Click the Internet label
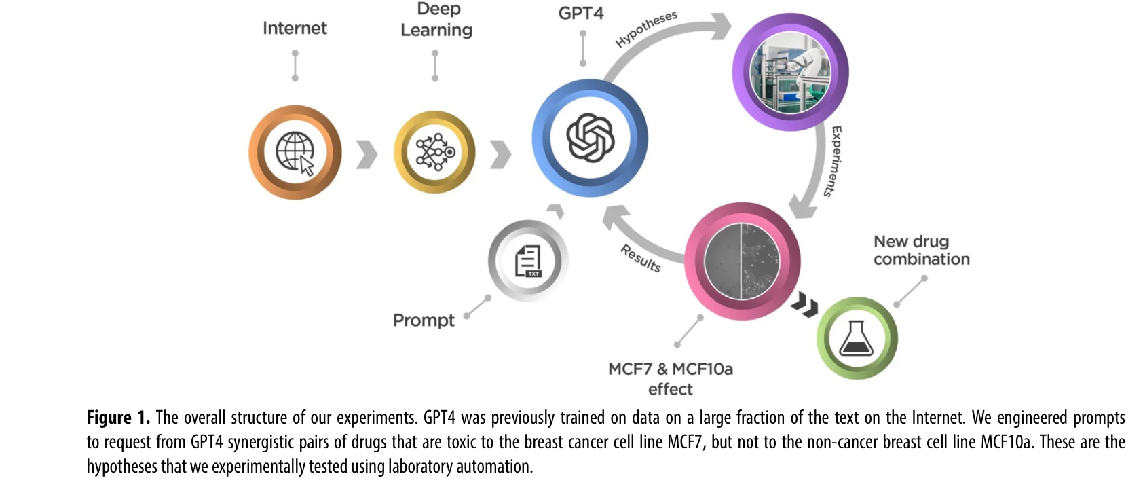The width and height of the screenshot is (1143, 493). click(295, 28)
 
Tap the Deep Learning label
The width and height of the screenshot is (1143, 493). click(436, 20)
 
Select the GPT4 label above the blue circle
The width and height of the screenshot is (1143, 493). click(581, 13)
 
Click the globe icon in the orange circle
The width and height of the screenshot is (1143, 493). click(295, 152)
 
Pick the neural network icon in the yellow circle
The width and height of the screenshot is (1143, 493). click(434, 152)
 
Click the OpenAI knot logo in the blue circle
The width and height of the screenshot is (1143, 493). click(590, 138)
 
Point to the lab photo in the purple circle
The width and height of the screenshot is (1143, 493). click(790, 72)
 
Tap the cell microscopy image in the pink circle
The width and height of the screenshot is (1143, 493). click(743, 261)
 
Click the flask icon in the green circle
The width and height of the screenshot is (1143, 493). click(857, 338)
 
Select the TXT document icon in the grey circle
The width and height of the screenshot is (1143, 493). click(528, 261)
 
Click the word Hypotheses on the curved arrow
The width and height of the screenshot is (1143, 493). click(646, 29)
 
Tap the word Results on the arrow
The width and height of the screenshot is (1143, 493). click(640, 258)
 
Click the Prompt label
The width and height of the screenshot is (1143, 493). click(424, 320)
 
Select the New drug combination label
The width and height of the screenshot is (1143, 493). click(921, 250)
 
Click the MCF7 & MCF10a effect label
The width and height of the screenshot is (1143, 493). click(671, 378)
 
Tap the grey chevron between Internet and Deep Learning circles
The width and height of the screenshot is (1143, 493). click(367, 154)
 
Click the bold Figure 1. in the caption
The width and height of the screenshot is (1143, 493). click(118, 417)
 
